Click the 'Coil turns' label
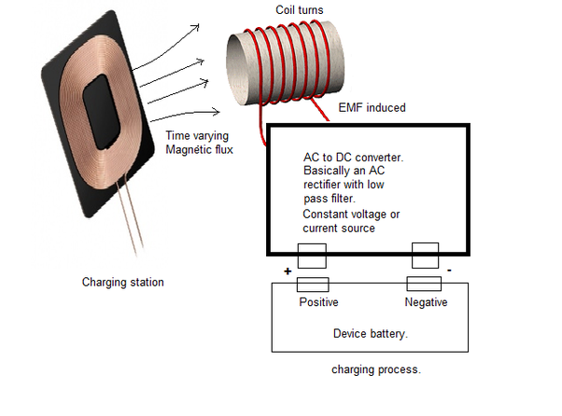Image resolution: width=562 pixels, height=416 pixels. click(300, 9)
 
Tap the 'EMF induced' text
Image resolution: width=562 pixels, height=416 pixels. click(372, 107)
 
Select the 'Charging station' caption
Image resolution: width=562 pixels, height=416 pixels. click(123, 282)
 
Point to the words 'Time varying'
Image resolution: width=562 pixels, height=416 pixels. click(197, 135)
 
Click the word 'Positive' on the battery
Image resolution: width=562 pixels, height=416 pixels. click(318, 302)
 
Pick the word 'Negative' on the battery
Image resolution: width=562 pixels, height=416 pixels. click(426, 302)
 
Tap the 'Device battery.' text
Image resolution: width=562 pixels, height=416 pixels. click(371, 334)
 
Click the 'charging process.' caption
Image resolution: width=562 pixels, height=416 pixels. click(376, 369)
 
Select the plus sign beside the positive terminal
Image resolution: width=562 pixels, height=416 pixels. click(288, 271)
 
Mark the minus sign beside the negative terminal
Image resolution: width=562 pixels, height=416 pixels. click(449, 270)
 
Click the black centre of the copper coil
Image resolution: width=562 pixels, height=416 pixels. click(101, 112)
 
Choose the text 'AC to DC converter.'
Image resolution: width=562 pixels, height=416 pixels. click(354, 158)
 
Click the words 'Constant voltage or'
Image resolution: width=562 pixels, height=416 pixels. click(351, 215)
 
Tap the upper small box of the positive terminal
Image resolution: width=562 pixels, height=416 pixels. click(312, 256)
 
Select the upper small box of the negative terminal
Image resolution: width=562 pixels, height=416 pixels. click(425, 256)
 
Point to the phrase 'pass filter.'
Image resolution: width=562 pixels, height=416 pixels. click(330, 199)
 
